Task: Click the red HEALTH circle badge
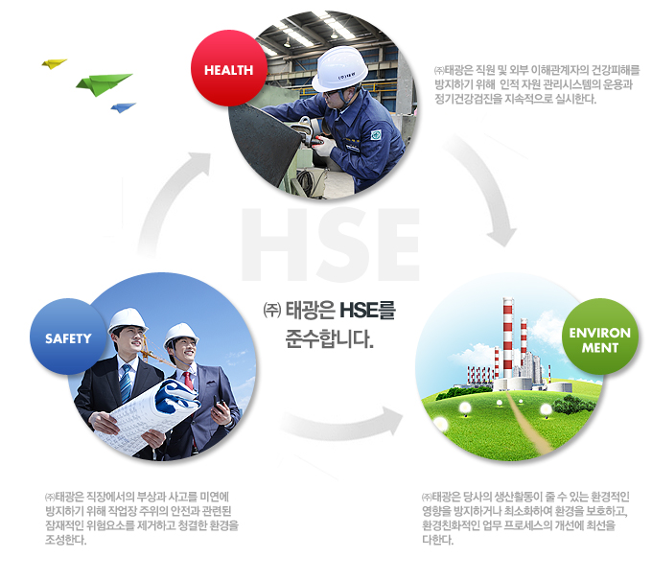point(229,68)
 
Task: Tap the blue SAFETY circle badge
point(68,337)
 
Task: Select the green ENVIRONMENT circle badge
point(600,337)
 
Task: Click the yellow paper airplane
point(54,63)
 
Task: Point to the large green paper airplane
point(104,84)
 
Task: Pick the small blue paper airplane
point(123,107)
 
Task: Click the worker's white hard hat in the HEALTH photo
point(339,69)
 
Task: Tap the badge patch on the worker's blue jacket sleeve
point(376,134)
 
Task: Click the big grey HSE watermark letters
point(331,244)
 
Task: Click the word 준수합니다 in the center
point(329,339)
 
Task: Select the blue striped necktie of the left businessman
point(126,383)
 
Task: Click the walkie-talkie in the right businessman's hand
point(220,405)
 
